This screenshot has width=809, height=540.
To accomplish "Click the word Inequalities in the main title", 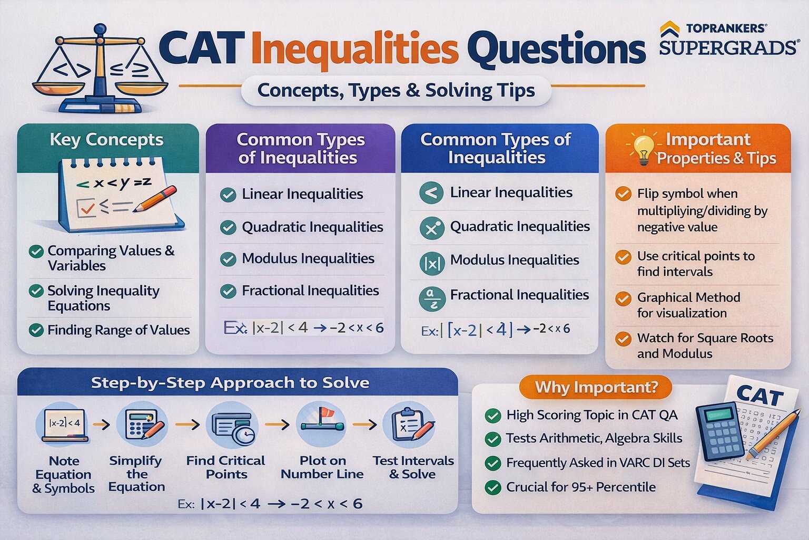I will [x=359, y=49].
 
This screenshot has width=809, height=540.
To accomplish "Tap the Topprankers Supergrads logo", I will [x=728, y=39].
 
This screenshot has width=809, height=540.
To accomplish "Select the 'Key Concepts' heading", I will [x=106, y=140].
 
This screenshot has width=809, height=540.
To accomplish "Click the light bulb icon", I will [x=643, y=149].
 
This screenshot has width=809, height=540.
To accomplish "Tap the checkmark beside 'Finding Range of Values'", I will [x=36, y=330].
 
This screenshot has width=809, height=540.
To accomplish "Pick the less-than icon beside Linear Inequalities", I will [x=431, y=193].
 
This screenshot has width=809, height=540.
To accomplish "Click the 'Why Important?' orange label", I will [x=596, y=387].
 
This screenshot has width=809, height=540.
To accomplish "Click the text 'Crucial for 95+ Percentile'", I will [x=580, y=487].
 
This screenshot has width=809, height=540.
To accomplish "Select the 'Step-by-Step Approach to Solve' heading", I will [x=230, y=383].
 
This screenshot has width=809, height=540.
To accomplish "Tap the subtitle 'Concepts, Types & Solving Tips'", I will [x=396, y=91].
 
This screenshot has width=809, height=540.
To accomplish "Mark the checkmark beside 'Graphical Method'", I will [x=623, y=298].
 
